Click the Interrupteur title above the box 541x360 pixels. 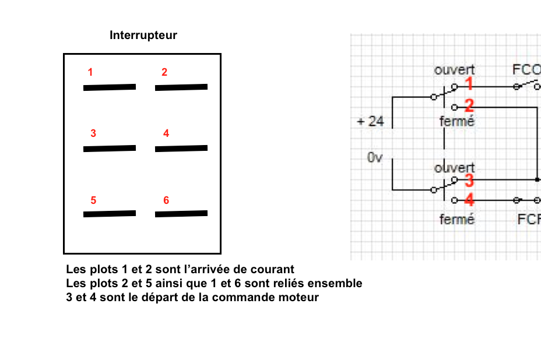point(143,36)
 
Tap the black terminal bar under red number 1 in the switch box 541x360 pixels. point(110,87)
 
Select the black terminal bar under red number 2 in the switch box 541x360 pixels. point(181,87)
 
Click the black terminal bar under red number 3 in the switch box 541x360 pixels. point(110,149)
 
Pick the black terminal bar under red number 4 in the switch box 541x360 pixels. point(181,149)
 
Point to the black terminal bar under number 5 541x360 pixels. point(110,214)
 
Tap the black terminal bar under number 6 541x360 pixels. point(181,214)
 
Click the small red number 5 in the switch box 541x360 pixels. point(93,200)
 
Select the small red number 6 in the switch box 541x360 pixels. point(166,200)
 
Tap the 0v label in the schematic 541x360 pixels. point(374,157)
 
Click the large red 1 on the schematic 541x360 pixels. point(469,86)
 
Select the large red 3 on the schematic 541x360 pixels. point(469,181)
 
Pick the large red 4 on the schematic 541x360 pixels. point(469,201)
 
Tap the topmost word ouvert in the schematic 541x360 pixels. point(454,70)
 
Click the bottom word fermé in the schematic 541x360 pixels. point(457,220)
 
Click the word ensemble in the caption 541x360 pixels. point(335,284)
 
